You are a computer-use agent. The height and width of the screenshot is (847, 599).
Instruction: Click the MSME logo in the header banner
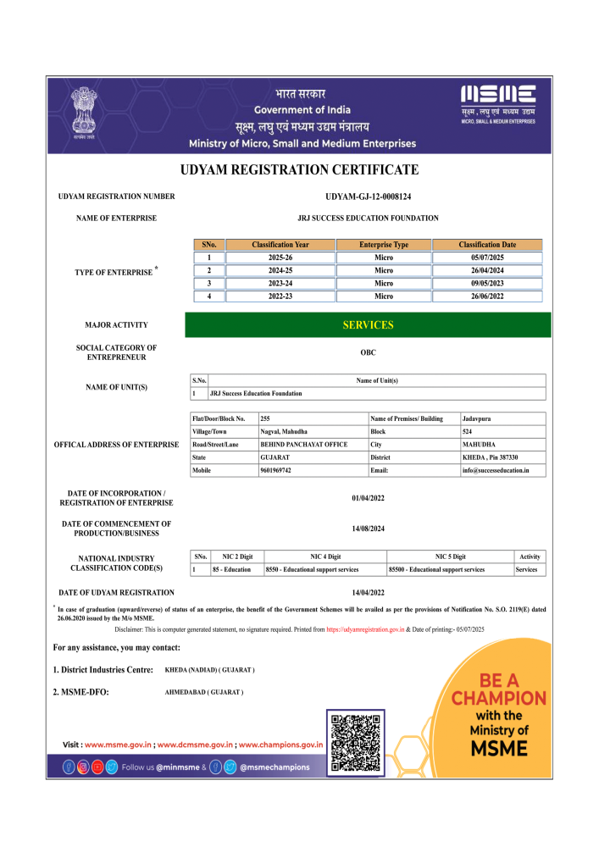point(498,104)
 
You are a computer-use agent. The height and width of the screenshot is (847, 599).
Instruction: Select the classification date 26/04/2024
point(487,270)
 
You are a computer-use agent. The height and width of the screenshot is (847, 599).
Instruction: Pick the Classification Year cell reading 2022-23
point(280,296)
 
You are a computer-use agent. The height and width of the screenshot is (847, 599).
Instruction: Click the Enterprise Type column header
point(383,245)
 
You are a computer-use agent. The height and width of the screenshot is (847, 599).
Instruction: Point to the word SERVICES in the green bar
point(368,325)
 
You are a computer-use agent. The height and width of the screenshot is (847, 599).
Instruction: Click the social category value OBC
point(368,352)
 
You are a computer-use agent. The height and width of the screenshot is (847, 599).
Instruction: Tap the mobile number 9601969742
point(276,469)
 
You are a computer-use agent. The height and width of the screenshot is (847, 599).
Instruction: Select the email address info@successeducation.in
point(496,469)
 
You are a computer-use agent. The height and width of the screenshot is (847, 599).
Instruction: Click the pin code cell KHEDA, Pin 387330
point(489,457)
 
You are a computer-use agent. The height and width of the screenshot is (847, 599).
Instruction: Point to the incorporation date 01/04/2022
point(368,498)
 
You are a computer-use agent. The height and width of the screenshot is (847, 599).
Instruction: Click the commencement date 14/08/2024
point(368,529)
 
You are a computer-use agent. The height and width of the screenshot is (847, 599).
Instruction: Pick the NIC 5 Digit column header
point(450,556)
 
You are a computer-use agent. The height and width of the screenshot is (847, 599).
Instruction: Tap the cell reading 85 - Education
point(232,570)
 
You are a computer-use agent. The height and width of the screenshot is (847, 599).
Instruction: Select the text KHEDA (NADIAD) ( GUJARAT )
point(209,670)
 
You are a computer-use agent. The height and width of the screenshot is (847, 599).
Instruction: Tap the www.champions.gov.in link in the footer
point(280,745)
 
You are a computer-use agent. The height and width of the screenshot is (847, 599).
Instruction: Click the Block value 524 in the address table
point(469,431)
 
